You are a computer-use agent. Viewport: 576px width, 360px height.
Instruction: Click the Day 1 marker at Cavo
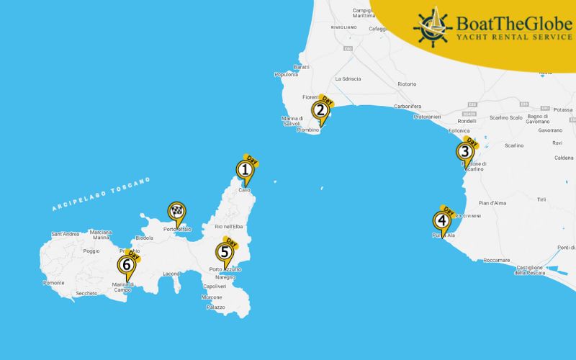click(x=245, y=170)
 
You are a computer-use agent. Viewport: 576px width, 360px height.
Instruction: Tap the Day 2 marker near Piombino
click(x=320, y=110)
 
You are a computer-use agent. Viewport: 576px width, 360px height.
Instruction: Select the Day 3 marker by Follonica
click(x=465, y=151)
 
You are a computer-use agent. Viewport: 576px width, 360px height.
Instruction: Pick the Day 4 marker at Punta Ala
click(x=441, y=221)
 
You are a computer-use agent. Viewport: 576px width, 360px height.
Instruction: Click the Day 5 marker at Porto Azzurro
click(x=225, y=252)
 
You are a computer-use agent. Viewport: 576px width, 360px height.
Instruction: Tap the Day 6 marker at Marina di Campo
click(x=127, y=265)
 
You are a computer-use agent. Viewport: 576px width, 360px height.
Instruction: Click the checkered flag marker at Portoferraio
click(x=176, y=212)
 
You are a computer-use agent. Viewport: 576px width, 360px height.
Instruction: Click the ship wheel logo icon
click(x=432, y=26)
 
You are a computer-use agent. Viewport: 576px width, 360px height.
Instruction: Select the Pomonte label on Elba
click(x=54, y=283)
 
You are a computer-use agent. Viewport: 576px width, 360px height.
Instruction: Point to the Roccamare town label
click(x=496, y=260)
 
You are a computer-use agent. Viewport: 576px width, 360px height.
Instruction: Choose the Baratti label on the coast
click(x=300, y=67)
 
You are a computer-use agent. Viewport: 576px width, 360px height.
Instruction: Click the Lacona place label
click(x=171, y=274)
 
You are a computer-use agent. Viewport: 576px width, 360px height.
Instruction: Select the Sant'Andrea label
click(x=66, y=234)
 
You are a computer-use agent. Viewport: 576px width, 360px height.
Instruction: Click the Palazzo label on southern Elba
click(x=215, y=307)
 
